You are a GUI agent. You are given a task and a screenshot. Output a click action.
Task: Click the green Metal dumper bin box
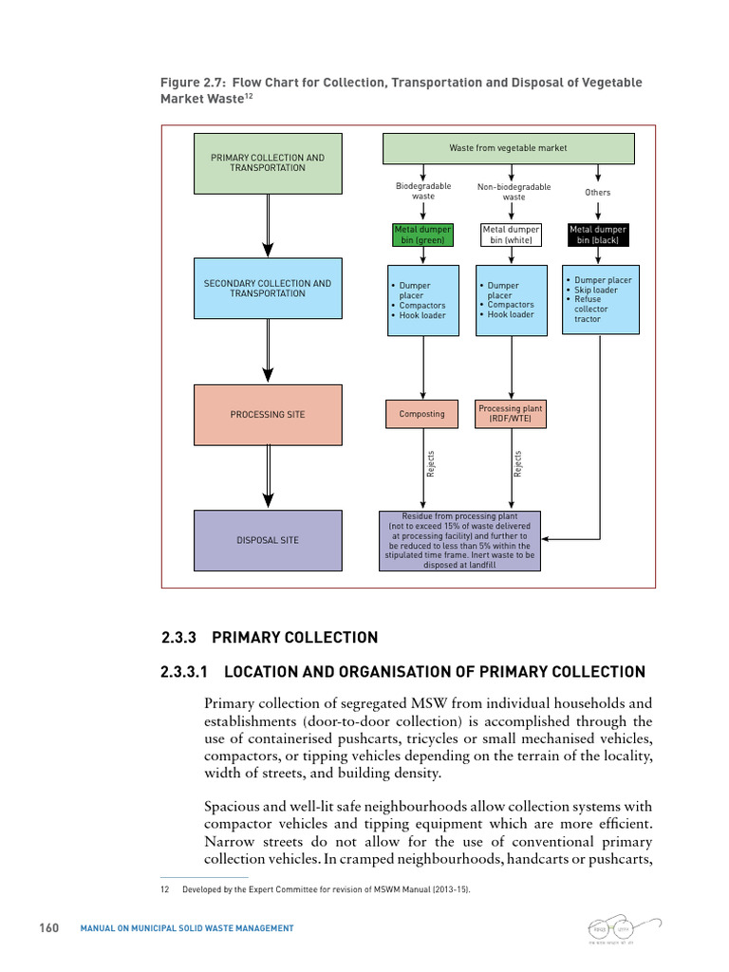pos(423,235)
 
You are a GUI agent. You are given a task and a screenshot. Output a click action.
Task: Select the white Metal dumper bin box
pos(512,235)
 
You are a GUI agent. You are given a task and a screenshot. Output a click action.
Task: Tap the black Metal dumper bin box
pos(598,235)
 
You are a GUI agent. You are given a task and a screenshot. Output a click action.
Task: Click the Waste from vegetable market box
pos(508,148)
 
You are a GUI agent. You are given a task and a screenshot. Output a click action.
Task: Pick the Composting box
pos(422,414)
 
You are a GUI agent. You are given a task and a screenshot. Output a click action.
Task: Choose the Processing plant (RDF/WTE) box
pos(511,414)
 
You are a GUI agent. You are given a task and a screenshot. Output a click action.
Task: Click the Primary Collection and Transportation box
pos(268,163)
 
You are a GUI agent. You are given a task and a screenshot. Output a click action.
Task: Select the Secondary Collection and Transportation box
pos(268,289)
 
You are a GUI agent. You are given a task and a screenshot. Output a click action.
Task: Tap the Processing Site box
pos(268,415)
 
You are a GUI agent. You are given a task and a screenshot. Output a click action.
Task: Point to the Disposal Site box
pos(268,540)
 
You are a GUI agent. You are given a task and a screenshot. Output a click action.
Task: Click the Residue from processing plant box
pos(459,540)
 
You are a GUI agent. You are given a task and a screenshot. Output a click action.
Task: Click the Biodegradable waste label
pos(423,191)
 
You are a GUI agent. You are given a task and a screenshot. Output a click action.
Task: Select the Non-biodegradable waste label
pos(514,192)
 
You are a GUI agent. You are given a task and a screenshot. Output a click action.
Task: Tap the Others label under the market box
pos(598,193)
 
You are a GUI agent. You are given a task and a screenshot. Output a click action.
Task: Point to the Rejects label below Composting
pos(432,463)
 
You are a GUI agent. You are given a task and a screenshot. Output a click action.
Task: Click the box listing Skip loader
pos(600,299)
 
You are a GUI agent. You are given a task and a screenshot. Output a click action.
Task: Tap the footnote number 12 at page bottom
pos(164,889)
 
